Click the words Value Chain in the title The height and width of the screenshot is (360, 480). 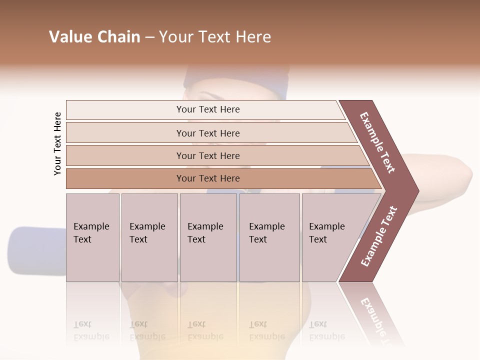point(94,37)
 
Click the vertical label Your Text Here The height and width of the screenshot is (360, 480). point(57,143)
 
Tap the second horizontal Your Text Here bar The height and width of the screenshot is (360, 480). point(208,133)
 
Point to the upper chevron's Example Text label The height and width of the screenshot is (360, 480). point(377,142)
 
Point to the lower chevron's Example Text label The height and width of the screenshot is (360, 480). point(379,236)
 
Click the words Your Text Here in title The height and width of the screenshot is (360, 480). point(215,37)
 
